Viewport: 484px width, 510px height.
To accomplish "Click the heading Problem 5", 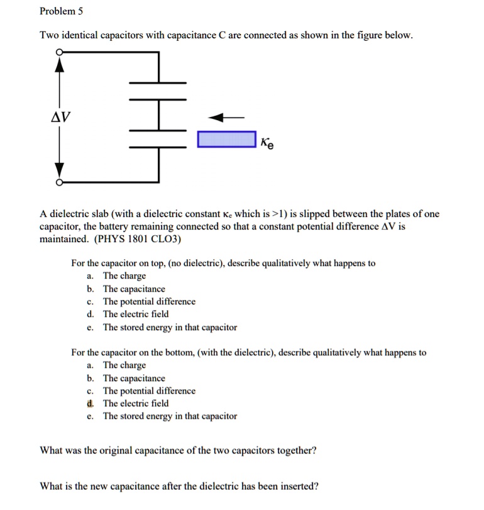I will (61, 11).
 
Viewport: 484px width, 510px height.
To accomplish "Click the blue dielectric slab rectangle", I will (226, 140).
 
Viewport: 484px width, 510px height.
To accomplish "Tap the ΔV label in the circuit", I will (61, 117).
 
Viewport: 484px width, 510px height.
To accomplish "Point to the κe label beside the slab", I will (267, 143).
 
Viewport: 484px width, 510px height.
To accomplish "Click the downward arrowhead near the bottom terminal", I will (60, 170).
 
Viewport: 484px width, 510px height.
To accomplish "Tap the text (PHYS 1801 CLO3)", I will (136, 239).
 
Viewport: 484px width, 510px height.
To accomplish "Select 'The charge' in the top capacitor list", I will (124, 276).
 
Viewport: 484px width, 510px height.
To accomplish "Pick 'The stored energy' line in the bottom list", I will (170, 416).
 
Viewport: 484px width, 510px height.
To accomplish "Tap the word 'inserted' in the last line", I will (299, 486).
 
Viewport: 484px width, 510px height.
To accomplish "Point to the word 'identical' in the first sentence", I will (84, 35).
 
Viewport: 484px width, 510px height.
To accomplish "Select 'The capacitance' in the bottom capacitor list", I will (134, 379).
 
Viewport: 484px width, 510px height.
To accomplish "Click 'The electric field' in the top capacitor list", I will (136, 314).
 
